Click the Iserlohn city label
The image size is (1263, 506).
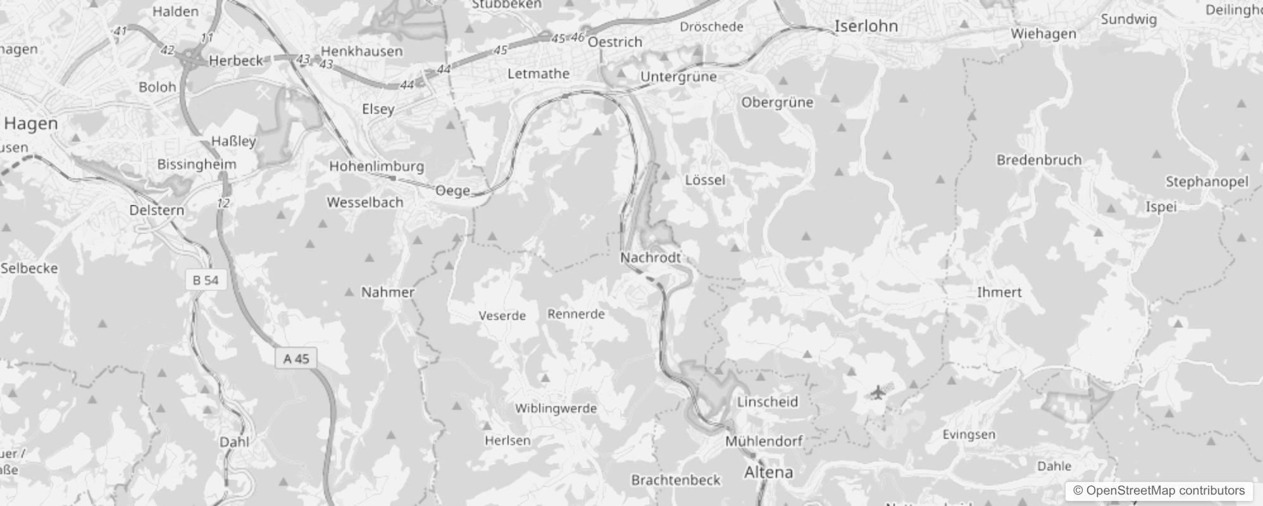coord(866,26)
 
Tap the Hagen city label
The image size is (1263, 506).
coord(30,123)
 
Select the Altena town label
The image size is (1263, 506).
coord(768,472)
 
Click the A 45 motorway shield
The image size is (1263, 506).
coord(296,359)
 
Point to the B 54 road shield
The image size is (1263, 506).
coord(206,280)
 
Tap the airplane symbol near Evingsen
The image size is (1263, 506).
coord(877,393)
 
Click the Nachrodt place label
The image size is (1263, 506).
coord(650,257)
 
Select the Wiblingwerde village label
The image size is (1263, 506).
coord(556,408)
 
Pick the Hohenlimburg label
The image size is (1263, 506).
coord(376,166)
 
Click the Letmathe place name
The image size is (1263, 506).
coord(538,73)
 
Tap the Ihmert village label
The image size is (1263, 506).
coord(999,292)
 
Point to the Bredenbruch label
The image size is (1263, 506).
coord(1038,159)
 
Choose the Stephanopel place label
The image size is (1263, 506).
coord(1207,182)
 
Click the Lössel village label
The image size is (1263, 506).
coord(705,180)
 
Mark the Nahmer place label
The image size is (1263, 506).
coord(387,292)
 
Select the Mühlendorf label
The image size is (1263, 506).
coord(763,441)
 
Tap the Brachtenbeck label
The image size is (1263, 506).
coord(675,479)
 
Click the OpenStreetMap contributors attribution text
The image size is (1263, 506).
coord(1159,491)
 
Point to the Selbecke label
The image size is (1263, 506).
coord(29,268)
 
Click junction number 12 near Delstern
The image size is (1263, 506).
coord(223,203)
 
